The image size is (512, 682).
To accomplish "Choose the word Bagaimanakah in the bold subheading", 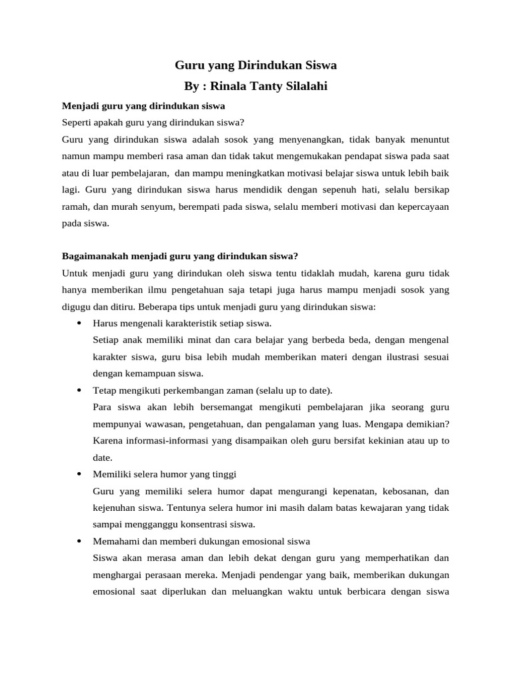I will [93, 256].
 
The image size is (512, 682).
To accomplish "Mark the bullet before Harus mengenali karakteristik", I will [79, 324].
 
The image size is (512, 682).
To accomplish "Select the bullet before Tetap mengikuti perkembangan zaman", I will [79, 390].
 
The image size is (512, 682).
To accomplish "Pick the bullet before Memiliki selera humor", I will [79, 474].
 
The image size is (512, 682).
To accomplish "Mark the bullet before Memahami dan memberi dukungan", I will [79, 541].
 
